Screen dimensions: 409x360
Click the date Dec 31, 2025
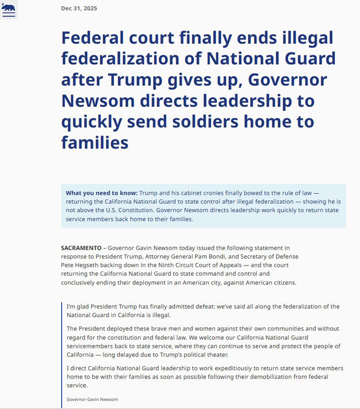pyautogui.click(x=79, y=8)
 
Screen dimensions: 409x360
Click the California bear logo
pyautogui.click(x=9, y=7)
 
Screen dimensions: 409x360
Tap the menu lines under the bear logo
pyautogui.click(x=9, y=14)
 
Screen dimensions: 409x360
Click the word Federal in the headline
pyautogui.click(x=91, y=38)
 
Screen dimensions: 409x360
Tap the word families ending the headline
pyautogui.click(x=94, y=142)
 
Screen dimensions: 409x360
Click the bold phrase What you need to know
pyautogui.click(x=101, y=193)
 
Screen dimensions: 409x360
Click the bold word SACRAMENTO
pyautogui.click(x=81, y=247)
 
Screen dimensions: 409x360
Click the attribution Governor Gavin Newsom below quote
pyautogui.click(x=92, y=399)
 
